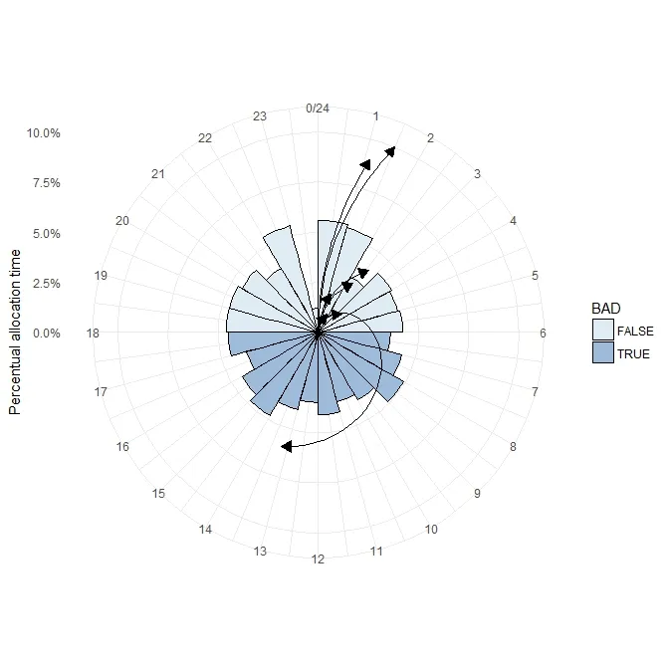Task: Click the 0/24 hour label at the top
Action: click(317, 108)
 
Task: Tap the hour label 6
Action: click(543, 334)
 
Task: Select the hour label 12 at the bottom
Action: click(318, 559)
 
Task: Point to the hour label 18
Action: click(93, 334)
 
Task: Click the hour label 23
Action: click(260, 116)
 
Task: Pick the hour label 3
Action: click(477, 174)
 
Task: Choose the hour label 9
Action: click(477, 494)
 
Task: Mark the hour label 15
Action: click(158, 494)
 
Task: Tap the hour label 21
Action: click(158, 174)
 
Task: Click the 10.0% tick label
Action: click(44, 133)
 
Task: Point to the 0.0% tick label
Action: click(47, 334)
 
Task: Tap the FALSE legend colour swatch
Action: click(602, 331)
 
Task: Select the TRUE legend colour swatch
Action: click(602, 353)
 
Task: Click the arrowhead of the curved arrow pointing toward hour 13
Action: click(288, 447)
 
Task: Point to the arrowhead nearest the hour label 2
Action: click(390, 151)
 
